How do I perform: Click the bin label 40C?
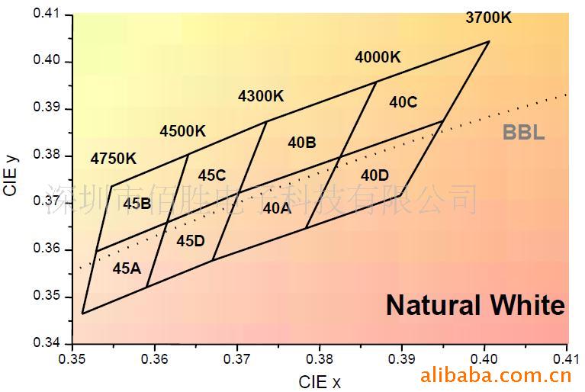pos(403,102)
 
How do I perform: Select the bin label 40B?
pos(302,143)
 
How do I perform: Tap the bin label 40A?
pos(277,207)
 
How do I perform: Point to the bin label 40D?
pos(374,175)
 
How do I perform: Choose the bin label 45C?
pos(211,175)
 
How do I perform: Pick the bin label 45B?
pos(137,204)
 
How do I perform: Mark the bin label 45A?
pos(127,268)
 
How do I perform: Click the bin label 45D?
pos(191,241)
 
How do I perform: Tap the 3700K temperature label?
pos(489,17)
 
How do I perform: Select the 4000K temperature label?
pos(378,57)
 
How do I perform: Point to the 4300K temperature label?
pos(261,96)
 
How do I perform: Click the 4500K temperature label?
pos(182,131)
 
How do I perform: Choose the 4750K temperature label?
pos(113,159)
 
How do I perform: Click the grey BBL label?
pos(523,133)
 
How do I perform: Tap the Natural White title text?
pos(475,305)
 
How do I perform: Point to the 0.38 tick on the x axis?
pos(320,357)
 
